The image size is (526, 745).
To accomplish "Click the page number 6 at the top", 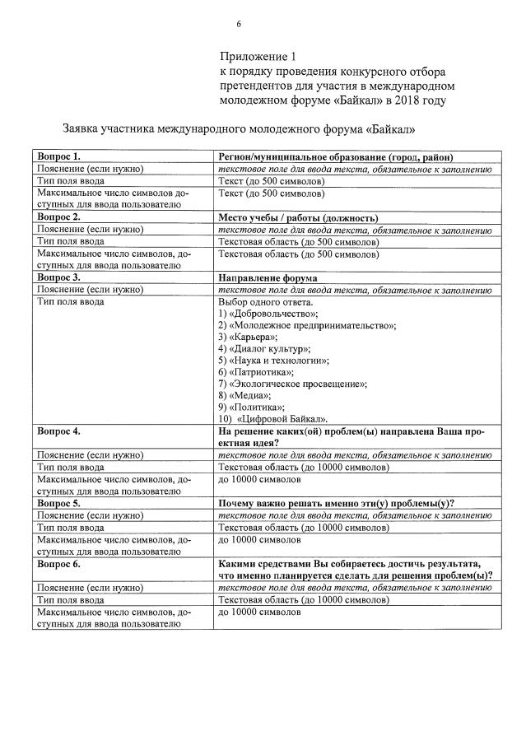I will tap(239, 24).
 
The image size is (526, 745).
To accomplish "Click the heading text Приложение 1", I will tap(257, 57).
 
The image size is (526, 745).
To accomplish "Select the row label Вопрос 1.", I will tap(59, 156).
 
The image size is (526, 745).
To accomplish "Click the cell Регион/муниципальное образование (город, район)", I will tap(336, 156).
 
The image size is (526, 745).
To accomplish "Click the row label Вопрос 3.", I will tap(59, 278).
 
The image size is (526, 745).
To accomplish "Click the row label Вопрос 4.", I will tap(59, 431).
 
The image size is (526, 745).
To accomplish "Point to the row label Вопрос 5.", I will tap(59, 503).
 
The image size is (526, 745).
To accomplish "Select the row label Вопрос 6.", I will tap(59, 563).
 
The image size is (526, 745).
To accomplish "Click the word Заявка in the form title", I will tap(84, 129).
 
